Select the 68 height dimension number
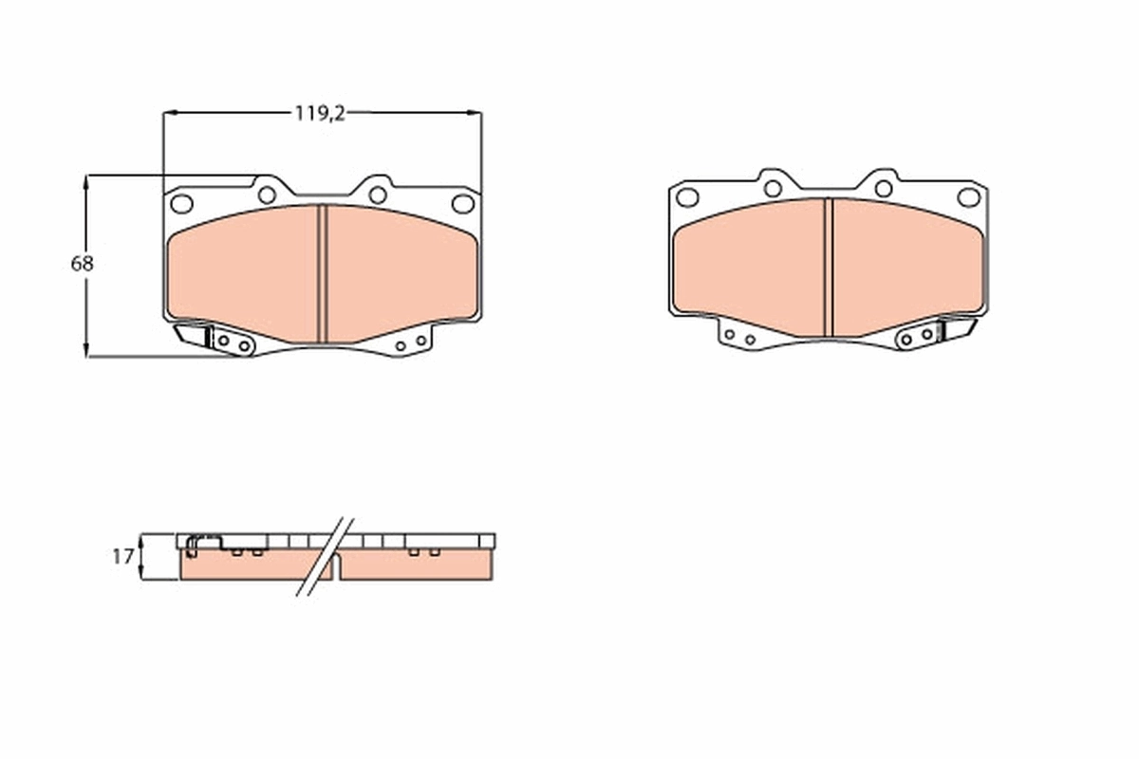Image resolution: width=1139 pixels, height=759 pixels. [x=83, y=265]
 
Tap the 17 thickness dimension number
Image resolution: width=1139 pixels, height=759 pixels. [x=122, y=557]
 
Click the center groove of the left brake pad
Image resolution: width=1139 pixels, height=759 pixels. [x=322, y=273]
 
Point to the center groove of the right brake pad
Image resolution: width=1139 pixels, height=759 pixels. [x=828, y=267]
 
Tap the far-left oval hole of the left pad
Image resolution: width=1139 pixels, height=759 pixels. [x=181, y=203]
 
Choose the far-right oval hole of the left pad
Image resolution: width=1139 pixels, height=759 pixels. [x=462, y=203]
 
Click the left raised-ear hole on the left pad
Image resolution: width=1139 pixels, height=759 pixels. [x=267, y=194]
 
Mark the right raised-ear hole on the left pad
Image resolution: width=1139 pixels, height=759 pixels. [x=378, y=194]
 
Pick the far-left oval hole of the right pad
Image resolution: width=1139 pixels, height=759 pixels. [x=687, y=197]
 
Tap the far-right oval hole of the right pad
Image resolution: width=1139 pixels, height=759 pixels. [x=968, y=197]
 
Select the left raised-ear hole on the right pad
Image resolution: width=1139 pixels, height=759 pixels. [x=773, y=189]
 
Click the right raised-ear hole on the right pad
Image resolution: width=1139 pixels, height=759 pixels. [x=884, y=189]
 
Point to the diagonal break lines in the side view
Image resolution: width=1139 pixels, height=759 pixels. [x=325, y=557]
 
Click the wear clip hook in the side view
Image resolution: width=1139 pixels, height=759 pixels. [x=194, y=544]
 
